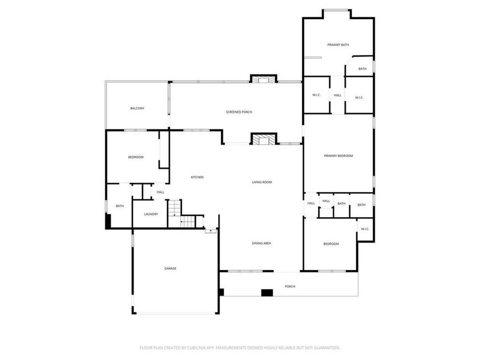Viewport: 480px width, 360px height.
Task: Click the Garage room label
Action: tap(170, 268)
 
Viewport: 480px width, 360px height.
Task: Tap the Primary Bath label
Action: tap(338, 45)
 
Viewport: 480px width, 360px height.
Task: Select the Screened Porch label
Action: tap(238, 112)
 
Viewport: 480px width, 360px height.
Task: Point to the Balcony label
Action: tap(137, 108)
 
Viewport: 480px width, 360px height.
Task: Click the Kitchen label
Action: tap(197, 177)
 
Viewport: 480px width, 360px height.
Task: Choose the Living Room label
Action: tap(262, 182)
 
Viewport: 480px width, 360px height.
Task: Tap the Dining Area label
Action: tap(262, 243)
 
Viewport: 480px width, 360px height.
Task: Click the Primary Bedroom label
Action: tap(339, 156)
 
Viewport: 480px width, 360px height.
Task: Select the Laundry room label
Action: tap(151, 214)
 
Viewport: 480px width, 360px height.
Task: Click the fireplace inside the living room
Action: tap(264, 140)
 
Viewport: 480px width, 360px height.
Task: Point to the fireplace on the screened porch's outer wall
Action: tap(263, 79)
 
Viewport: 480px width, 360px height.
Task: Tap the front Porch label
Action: tap(290, 286)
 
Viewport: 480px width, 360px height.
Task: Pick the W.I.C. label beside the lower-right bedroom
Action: tap(365, 229)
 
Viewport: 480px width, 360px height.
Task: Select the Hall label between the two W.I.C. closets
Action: tap(338, 95)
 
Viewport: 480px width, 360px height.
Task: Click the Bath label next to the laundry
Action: tap(120, 206)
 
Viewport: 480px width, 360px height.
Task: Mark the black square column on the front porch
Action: tap(267, 292)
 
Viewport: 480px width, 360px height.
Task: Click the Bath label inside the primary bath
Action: tap(362, 69)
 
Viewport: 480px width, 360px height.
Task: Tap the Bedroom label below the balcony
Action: tap(135, 157)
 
